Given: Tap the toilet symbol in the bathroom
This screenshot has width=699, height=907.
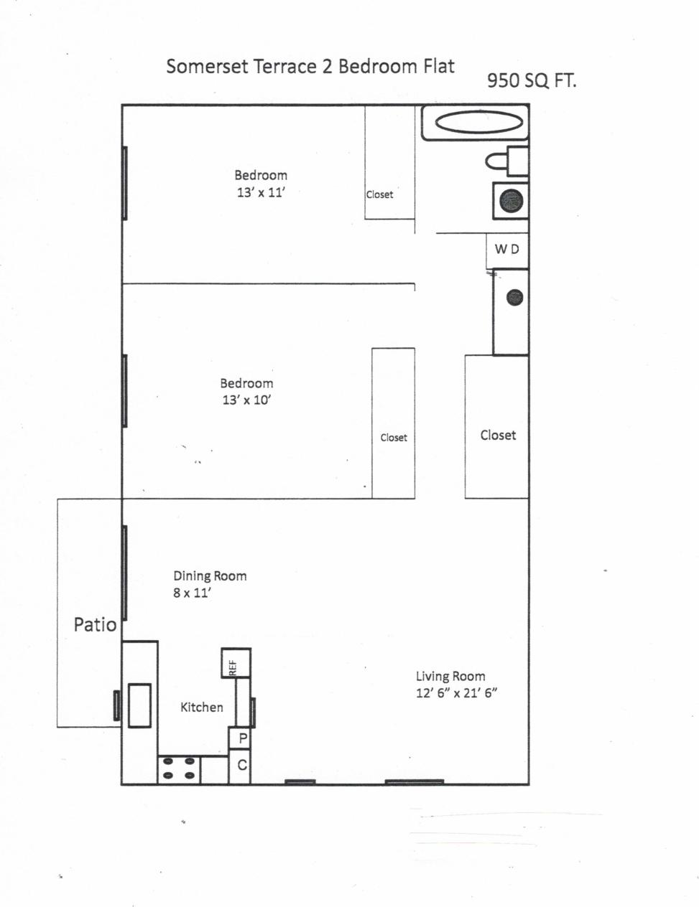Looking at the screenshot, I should coord(508,161).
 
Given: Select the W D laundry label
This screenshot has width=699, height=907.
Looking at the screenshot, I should coord(506,249).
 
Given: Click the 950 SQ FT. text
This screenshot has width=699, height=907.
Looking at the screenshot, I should coord(532,80).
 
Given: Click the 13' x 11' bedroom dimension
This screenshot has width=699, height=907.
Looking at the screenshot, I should coord(261,192).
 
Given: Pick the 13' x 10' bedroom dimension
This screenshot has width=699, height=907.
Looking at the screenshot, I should coord(246,400).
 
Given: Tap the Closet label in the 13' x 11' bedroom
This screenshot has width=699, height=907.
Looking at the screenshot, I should coord(379,194).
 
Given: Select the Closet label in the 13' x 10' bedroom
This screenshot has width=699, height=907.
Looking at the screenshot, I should coord(394,437).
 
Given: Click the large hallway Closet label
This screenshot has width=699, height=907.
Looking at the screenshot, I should coord(498,435).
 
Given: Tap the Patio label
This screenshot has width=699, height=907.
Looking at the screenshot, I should coord(95,625).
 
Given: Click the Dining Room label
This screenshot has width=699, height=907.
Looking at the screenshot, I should coord(210,575).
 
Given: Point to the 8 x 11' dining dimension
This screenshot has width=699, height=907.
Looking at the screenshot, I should coord(191,593).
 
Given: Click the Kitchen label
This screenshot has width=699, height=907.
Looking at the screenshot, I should coord(201,707).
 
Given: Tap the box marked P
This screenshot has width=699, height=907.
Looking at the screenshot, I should coord(242,738).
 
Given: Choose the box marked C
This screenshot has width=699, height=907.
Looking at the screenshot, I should coord(242,765).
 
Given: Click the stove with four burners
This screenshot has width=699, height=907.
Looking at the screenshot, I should coord(179,769).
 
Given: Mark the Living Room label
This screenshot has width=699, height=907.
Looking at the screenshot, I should coord(450,676).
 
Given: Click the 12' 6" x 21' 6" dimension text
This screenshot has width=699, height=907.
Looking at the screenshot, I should coord(457,693).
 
